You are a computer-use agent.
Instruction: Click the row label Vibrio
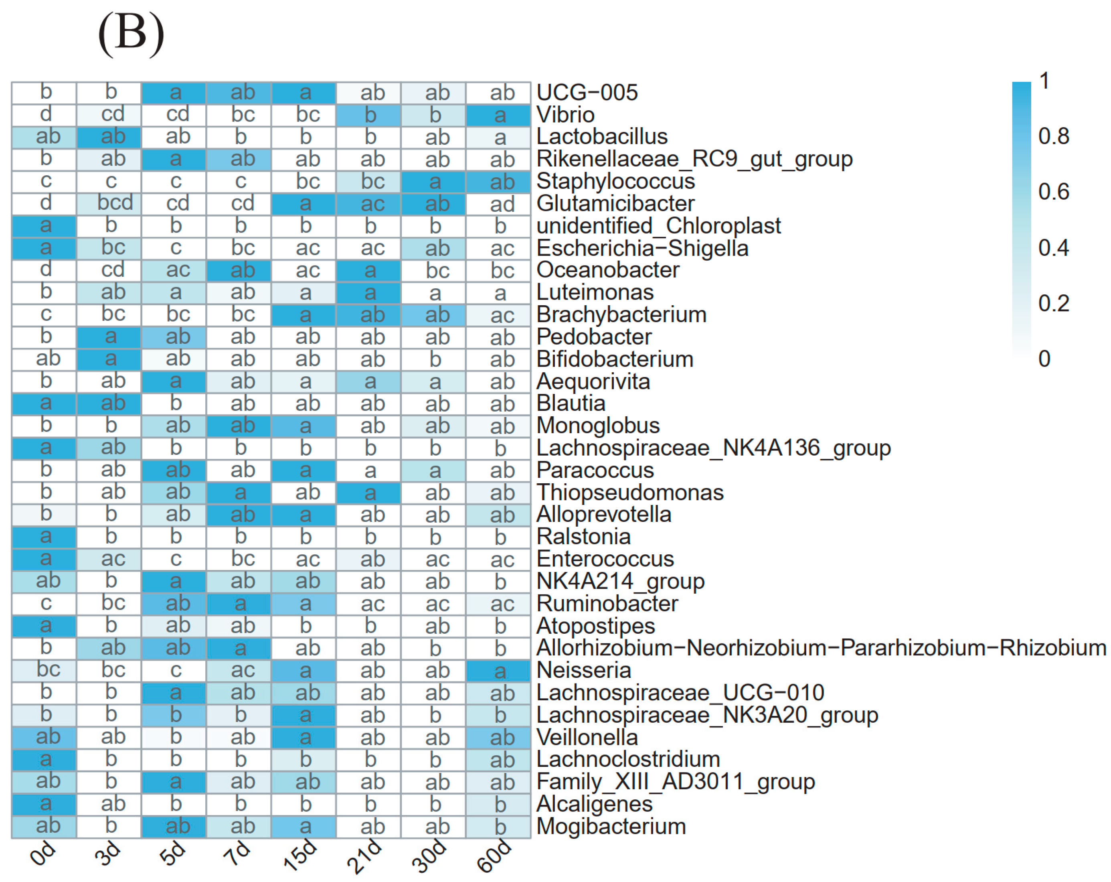[x=565, y=114]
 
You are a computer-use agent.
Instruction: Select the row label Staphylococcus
[x=615, y=181]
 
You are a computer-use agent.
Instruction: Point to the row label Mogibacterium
[x=611, y=826]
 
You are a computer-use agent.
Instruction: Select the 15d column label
[x=300, y=855]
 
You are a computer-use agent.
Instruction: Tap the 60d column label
[x=494, y=855]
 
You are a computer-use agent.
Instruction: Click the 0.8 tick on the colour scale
[x=1053, y=136]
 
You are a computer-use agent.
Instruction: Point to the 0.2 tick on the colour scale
[x=1053, y=303]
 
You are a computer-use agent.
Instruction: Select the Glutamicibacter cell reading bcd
[x=109, y=204]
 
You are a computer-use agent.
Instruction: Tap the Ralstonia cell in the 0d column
[x=45, y=537]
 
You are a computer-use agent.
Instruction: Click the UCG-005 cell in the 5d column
[x=174, y=93]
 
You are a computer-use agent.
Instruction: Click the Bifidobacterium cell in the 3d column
[x=109, y=359]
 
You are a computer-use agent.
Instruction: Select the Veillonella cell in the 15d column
[x=304, y=737]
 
